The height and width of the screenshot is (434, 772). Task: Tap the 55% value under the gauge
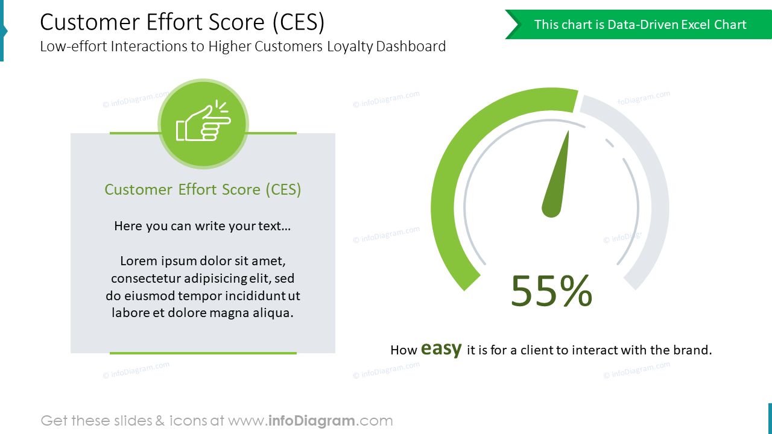click(551, 291)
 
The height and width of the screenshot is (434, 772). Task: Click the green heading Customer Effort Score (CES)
click(203, 189)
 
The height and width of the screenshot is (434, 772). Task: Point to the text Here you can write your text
click(203, 226)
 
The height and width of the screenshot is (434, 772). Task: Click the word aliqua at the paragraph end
click(274, 313)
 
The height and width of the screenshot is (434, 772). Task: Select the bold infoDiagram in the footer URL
click(311, 421)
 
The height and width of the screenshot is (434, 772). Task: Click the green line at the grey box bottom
click(203, 353)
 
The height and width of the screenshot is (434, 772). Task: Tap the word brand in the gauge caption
click(694, 350)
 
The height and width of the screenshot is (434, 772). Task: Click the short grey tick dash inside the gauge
click(609, 143)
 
